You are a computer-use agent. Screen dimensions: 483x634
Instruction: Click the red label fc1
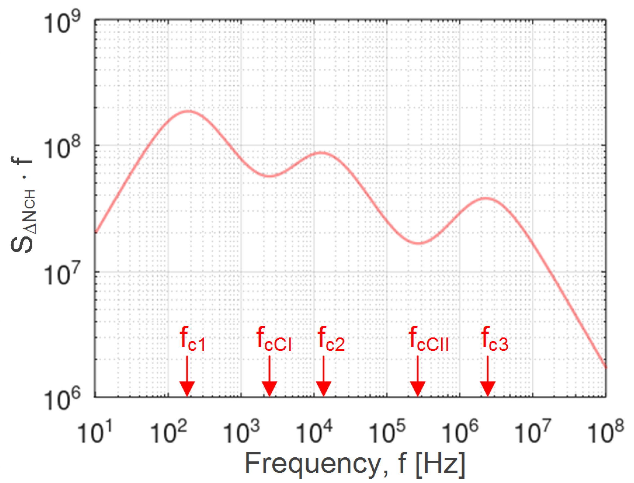click(x=193, y=340)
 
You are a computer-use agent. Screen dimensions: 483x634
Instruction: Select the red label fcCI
click(x=274, y=340)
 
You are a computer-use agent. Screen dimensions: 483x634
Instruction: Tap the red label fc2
click(x=331, y=340)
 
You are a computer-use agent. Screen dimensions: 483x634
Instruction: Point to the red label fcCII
click(x=428, y=340)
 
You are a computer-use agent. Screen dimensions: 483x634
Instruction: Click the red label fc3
click(x=494, y=340)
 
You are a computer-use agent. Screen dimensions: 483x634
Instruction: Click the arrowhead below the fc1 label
click(x=187, y=388)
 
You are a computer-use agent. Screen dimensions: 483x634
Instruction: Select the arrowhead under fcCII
click(x=417, y=388)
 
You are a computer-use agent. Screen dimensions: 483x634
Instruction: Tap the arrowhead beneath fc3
click(x=488, y=388)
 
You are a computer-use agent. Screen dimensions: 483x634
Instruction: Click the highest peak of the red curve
click(x=188, y=111)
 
